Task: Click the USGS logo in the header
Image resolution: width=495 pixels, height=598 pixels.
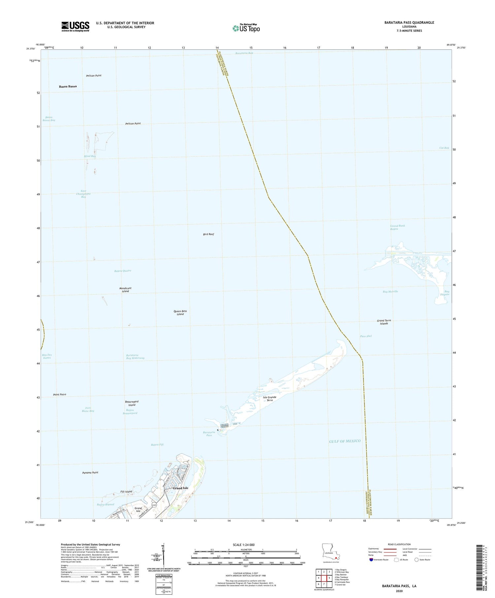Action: tap(75, 26)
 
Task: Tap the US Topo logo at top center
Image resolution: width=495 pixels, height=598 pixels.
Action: tap(246, 28)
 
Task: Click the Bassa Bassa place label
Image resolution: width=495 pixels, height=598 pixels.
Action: tap(68, 86)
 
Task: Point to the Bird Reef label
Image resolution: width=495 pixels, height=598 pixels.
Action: tap(209, 234)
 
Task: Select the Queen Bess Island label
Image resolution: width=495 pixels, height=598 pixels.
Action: tap(180, 313)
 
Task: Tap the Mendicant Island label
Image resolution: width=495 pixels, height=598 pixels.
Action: tap(125, 290)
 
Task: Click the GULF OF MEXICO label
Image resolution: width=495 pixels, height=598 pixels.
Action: tap(345, 441)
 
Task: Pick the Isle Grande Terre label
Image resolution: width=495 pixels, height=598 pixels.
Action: tap(270, 399)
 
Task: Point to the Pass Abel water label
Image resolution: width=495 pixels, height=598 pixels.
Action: tap(366, 336)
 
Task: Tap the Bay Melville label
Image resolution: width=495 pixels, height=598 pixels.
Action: tap(390, 292)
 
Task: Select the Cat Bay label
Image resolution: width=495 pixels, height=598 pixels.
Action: tap(444, 148)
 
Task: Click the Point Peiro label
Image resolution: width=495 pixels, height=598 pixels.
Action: tap(59, 394)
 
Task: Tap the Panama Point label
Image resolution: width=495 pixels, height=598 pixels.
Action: tap(90, 473)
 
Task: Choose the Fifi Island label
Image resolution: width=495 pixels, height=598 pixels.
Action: tap(126, 491)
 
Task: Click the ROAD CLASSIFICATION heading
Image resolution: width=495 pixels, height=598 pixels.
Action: tap(399, 544)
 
